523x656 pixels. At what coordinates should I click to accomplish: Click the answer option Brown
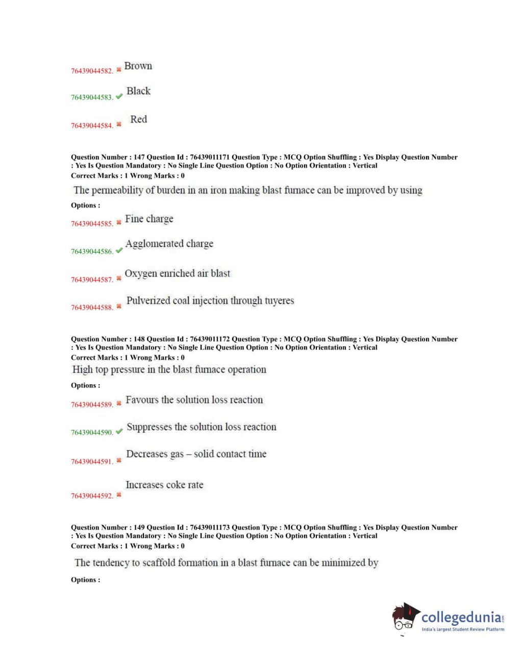pyautogui.click(x=138, y=66)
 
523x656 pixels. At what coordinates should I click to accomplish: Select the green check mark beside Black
pyautogui.click(x=119, y=97)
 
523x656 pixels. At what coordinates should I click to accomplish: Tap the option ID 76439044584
pyautogui.click(x=92, y=126)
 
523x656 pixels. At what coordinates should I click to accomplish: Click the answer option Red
pyautogui.click(x=138, y=120)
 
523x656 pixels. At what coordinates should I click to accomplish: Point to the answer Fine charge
pyautogui.click(x=149, y=219)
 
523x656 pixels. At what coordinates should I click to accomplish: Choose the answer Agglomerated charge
pyautogui.click(x=169, y=244)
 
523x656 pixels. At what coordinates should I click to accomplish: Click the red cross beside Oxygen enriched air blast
pyautogui.click(x=119, y=278)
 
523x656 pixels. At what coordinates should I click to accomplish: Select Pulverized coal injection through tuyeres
pyautogui.click(x=210, y=301)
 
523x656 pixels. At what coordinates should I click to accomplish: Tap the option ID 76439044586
pyautogui.click(x=92, y=251)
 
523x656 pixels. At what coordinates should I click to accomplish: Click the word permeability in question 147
pyautogui.click(x=118, y=191)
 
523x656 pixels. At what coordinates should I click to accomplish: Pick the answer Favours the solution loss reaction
pyautogui.click(x=194, y=400)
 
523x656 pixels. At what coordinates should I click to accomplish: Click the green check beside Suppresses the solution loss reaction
pyautogui.click(x=119, y=432)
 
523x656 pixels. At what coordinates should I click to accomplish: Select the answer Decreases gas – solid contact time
pyautogui.click(x=196, y=454)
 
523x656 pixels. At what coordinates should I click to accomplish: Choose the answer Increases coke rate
pyautogui.click(x=164, y=485)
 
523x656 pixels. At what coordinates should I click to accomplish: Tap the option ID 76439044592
pyautogui.click(x=92, y=496)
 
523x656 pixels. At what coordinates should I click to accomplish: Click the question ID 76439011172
pyautogui.click(x=210, y=339)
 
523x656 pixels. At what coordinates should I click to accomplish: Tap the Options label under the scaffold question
pyautogui.click(x=85, y=580)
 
